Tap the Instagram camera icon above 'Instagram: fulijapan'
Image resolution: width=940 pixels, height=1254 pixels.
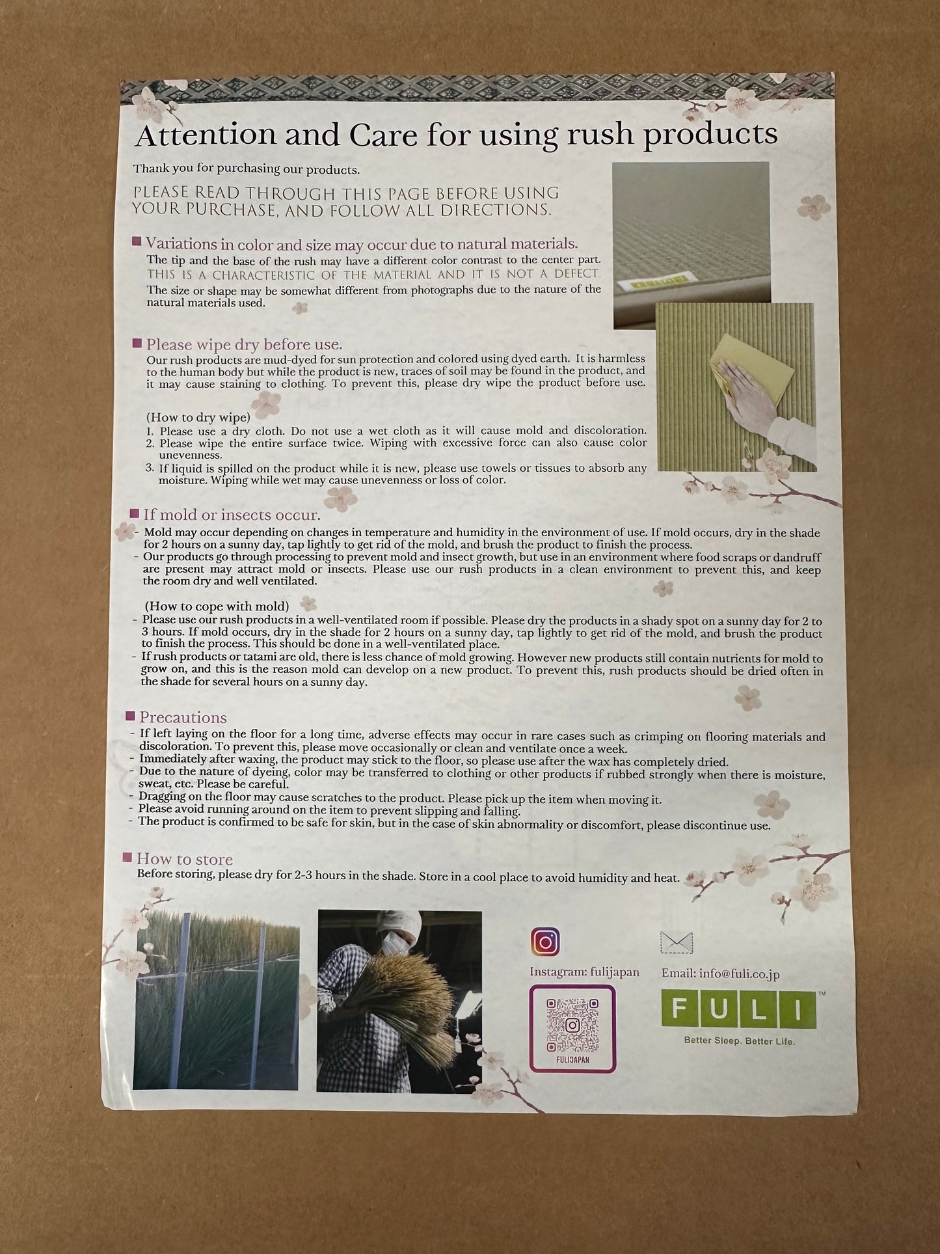point(544,942)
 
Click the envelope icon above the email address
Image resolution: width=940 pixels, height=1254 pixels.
point(677,942)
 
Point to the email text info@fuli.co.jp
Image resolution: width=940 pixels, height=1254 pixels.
point(721,974)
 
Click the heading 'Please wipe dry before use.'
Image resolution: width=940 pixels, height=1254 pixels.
point(244,344)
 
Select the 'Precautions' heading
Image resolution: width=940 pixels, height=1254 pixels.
point(183,718)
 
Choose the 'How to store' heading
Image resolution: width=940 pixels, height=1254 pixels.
point(184,859)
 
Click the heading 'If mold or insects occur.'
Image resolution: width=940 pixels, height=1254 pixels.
point(232,515)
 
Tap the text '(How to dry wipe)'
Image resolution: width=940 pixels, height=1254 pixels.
point(198,417)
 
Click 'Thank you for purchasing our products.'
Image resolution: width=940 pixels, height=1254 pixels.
point(247,169)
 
